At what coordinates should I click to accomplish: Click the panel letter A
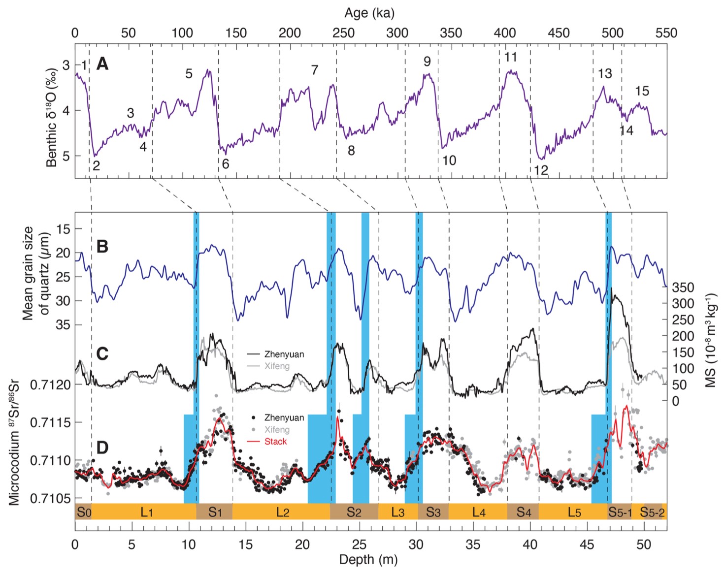102,64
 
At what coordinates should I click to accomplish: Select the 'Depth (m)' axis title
368,559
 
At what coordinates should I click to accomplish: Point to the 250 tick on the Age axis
343,33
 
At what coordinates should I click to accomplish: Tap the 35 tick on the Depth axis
473,544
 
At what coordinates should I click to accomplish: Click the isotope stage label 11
510,57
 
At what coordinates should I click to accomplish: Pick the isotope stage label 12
541,170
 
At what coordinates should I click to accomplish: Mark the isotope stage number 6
226,164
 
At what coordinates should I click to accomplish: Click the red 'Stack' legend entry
275,442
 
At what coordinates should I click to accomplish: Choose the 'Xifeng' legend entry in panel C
277,366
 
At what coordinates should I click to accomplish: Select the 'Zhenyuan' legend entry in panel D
284,417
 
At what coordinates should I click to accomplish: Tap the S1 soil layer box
214,512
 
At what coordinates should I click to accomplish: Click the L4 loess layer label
478,512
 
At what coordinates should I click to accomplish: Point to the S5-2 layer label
652,512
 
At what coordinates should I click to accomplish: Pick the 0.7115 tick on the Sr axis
51,423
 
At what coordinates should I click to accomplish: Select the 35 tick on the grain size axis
63,325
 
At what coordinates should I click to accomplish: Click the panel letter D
102,447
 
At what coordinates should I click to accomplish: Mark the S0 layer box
83,512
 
